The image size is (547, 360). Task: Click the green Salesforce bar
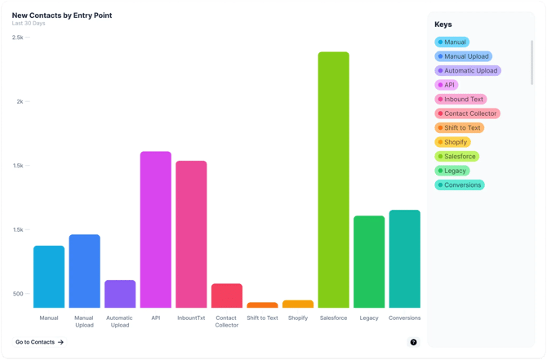[x=333, y=180]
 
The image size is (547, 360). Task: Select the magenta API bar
[x=155, y=229]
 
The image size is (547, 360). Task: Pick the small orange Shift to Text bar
[x=262, y=305]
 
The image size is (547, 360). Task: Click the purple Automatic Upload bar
[x=120, y=294]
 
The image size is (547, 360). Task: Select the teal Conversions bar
[x=405, y=259]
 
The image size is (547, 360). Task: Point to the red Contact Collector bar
[x=227, y=296]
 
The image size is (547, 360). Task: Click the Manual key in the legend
[x=451, y=42]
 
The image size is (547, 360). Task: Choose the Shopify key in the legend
[x=452, y=142]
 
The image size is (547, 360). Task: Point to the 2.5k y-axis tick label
[x=17, y=38]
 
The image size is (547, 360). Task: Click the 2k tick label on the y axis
[x=20, y=101]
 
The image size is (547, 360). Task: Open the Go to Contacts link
[x=39, y=342]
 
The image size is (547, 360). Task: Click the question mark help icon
[x=414, y=342]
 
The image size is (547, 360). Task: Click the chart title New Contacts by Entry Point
[x=62, y=15]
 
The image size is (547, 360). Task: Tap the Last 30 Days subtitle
[x=29, y=23]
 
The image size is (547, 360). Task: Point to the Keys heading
[x=442, y=24]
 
